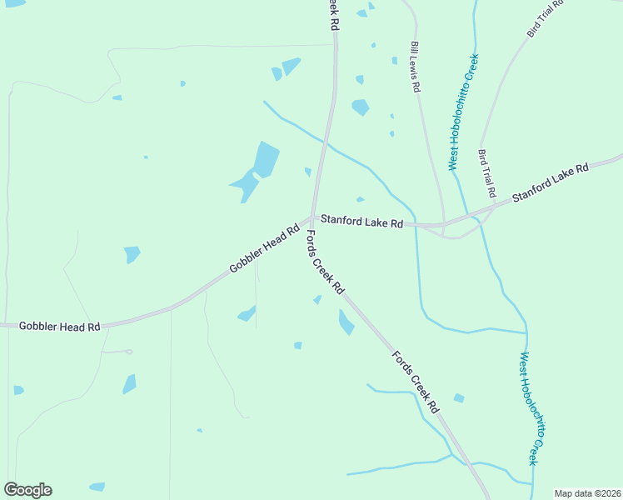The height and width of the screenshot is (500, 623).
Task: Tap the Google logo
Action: (x=27, y=490)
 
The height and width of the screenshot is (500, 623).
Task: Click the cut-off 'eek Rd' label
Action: (x=332, y=15)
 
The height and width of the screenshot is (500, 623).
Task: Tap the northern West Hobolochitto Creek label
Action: (x=464, y=112)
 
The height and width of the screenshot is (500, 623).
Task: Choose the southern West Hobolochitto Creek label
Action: (x=529, y=408)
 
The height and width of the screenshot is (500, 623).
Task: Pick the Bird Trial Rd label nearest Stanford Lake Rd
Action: (x=487, y=174)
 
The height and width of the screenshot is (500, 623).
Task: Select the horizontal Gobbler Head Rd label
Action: (x=59, y=326)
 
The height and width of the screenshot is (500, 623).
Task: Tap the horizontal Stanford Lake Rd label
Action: (x=362, y=222)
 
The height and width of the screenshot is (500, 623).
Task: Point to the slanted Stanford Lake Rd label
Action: (x=551, y=182)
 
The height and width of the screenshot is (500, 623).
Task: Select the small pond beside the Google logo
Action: (x=97, y=487)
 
